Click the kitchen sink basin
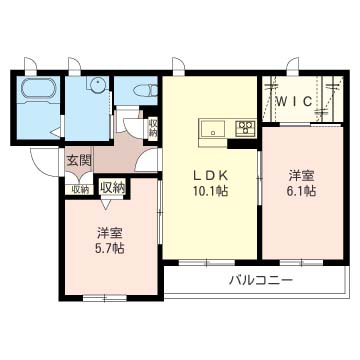(215, 128)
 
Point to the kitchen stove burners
(245, 128)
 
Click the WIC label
(296, 100)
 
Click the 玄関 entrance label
(79, 160)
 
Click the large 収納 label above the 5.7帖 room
(113, 186)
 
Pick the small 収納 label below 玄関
(79, 188)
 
